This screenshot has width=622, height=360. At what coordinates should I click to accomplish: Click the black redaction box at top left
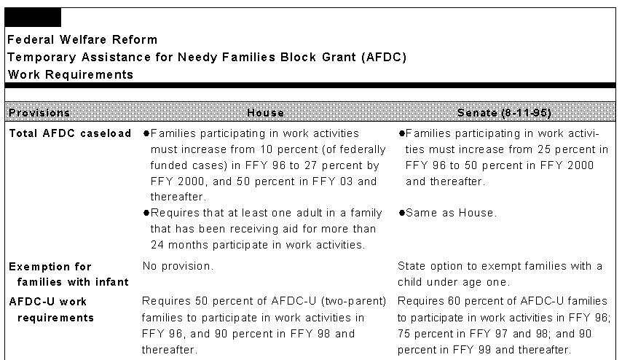click(34, 17)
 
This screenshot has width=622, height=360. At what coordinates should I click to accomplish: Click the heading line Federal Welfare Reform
click(82, 39)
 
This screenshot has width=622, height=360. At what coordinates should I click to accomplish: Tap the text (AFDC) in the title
click(383, 57)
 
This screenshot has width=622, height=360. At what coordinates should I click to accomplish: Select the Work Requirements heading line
click(71, 74)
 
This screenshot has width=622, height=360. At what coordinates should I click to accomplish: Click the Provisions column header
click(39, 113)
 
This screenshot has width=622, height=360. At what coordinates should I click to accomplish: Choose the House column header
click(266, 113)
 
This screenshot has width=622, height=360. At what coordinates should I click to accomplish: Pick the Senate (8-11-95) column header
click(505, 113)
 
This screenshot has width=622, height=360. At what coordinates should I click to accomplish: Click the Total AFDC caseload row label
click(70, 133)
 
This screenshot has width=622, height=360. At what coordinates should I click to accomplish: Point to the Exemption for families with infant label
click(68, 274)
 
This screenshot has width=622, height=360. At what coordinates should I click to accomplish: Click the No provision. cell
click(178, 266)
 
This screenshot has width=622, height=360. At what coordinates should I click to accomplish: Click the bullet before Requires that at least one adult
click(146, 213)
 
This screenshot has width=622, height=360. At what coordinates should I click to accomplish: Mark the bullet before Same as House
click(401, 213)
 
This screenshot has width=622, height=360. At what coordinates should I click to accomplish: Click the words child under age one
click(443, 282)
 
